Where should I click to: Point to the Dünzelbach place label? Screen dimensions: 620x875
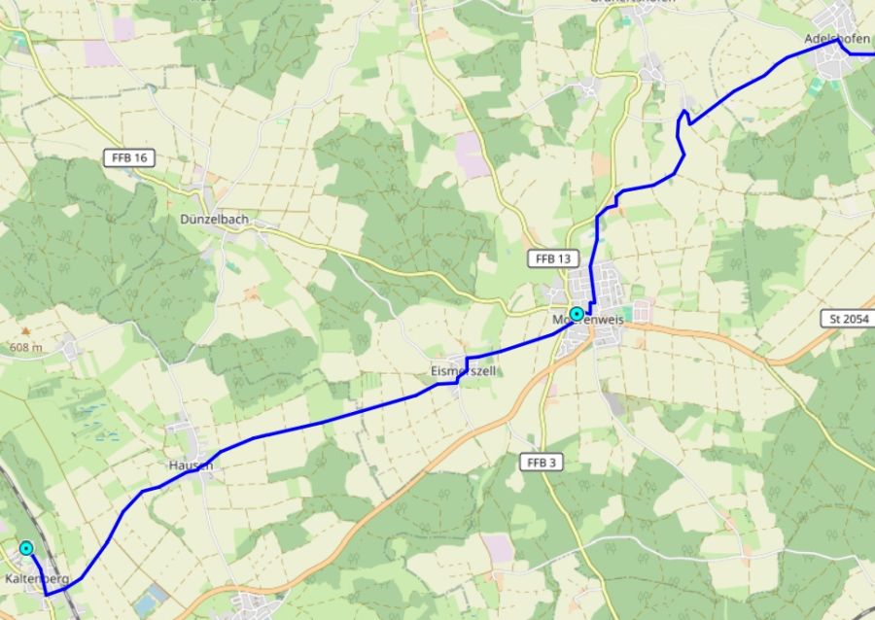coord(214,220)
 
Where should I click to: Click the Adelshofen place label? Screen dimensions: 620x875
coord(837,39)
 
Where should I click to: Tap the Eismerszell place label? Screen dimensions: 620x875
coord(464,371)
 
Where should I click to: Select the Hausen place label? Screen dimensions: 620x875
coord(190,465)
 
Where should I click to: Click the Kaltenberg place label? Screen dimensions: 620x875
coord(37,579)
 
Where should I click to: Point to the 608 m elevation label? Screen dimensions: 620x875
coord(26,347)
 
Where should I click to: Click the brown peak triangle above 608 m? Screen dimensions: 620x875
coord(26,331)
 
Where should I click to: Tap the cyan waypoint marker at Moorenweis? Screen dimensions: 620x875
coord(577,314)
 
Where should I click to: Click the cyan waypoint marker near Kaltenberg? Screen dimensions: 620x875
coord(26,548)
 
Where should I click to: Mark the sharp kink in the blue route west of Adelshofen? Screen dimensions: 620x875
coord(684,114)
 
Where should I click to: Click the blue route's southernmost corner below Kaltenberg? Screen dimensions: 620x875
coord(47,594)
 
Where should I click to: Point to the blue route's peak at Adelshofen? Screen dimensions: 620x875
coord(836,40)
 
